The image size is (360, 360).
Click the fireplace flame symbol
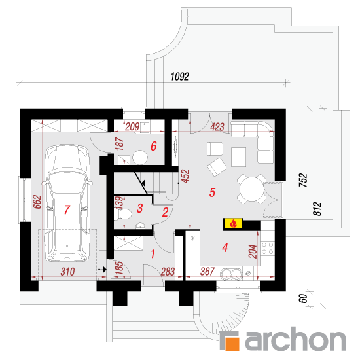click(x=233, y=223)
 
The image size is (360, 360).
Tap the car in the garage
click(x=67, y=203)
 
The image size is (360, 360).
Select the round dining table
click(x=252, y=189)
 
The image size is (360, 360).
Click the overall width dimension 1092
click(x=180, y=77)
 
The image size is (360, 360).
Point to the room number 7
click(x=67, y=209)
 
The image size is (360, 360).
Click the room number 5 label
click(x=212, y=192)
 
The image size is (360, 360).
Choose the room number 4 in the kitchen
click(x=225, y=247)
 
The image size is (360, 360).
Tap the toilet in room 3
click(x=123, y=215)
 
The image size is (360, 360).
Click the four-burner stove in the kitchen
click(x=268, y=248)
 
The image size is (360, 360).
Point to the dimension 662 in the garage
click(x=37, y=202)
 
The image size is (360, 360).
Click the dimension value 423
click(x=217, y=127)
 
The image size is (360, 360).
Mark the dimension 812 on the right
click(x=317, y=209)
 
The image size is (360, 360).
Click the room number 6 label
click(x=154, y=146)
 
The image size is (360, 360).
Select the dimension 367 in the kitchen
click(x=207, y=272)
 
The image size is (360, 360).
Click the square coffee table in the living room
click(x=238, y=157)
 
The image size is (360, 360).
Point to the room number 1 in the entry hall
click(x=153, y=254)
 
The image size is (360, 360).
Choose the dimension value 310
click(x=67, y=272)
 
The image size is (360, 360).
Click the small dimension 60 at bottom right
click(x=303, y=298)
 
